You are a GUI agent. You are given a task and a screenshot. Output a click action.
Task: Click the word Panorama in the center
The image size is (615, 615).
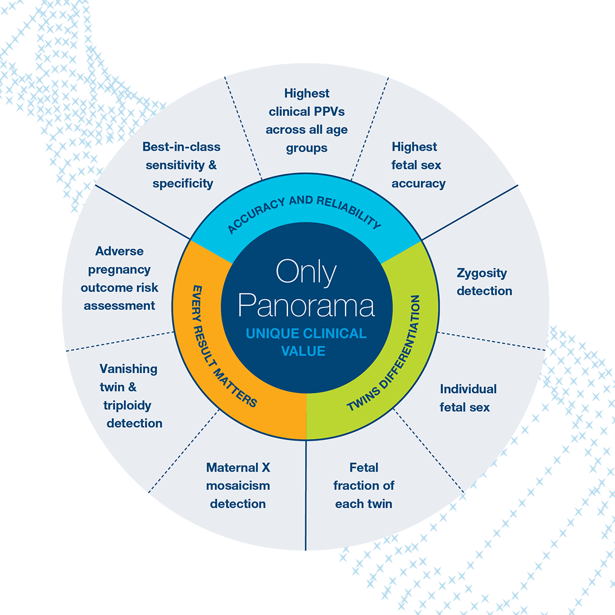306,305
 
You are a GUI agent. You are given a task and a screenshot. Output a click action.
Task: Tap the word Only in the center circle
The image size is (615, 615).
306,272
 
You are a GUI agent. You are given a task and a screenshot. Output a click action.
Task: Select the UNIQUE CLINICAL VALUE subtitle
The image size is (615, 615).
306,342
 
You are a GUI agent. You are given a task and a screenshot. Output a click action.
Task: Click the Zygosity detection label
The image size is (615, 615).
484,282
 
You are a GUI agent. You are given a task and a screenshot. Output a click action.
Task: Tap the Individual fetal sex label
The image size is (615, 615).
468,398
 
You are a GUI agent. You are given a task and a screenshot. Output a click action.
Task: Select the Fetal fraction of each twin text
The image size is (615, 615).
363,485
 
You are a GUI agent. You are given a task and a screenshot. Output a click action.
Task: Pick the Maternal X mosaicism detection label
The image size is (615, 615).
238,485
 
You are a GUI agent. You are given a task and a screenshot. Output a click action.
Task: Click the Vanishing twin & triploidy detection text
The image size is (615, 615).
131,396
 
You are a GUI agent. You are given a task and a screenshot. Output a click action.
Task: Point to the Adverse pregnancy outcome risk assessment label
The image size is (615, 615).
120,278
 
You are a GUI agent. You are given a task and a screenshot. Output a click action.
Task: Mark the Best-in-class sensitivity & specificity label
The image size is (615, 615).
181,165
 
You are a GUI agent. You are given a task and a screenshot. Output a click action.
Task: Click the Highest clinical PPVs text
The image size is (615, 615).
307,120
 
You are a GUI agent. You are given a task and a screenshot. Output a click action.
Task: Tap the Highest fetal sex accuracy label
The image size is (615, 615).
418,165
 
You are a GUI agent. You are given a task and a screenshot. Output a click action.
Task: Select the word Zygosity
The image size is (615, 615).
481,273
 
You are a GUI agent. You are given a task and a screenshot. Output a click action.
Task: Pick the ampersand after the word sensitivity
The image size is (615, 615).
212,165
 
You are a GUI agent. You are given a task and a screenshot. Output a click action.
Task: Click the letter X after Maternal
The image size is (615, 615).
266,467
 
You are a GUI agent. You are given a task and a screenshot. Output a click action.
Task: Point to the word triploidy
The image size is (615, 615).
127,405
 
